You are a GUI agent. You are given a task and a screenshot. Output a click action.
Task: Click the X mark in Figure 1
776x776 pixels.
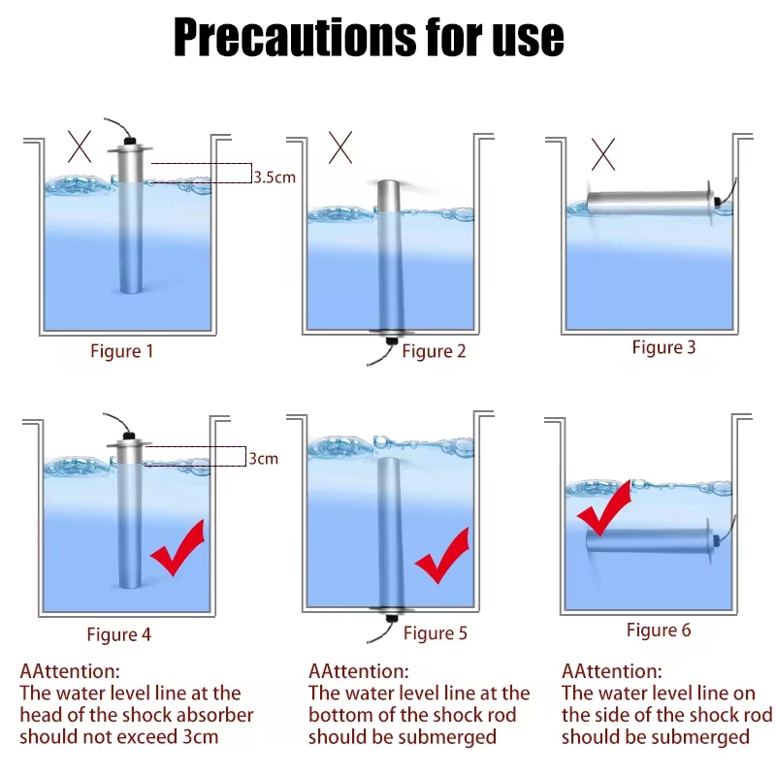tap(80, 146)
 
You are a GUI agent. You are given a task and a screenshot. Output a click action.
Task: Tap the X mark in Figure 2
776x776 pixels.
tap(340, 147)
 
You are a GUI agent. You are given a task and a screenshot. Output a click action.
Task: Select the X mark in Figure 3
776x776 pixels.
tap(603, 154)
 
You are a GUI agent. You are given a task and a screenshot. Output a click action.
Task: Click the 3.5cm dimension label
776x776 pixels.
tap(275, 178)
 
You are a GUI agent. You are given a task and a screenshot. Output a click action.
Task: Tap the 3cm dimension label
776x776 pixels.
tap(263, 459)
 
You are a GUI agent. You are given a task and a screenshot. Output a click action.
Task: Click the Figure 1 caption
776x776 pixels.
tap(122, 351)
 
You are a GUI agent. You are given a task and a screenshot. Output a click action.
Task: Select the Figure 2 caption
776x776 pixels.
tap(434, 351)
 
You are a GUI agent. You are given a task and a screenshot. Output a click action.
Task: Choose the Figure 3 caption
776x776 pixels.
tap(663, 347)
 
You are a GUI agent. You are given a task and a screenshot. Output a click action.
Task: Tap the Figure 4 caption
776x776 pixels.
tap(118, 634)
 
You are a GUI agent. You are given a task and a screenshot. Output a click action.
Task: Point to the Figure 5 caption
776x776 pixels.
tap(435, 633)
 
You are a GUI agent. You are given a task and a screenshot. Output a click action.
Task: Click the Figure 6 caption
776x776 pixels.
tap(659, 630)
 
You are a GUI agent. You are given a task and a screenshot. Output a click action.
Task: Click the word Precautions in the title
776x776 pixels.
tap(295, 37)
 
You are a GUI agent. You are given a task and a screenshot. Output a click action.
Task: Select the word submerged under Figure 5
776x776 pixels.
tap(447, 737)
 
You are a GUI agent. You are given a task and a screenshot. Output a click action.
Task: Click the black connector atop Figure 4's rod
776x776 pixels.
tap(129, 436)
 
